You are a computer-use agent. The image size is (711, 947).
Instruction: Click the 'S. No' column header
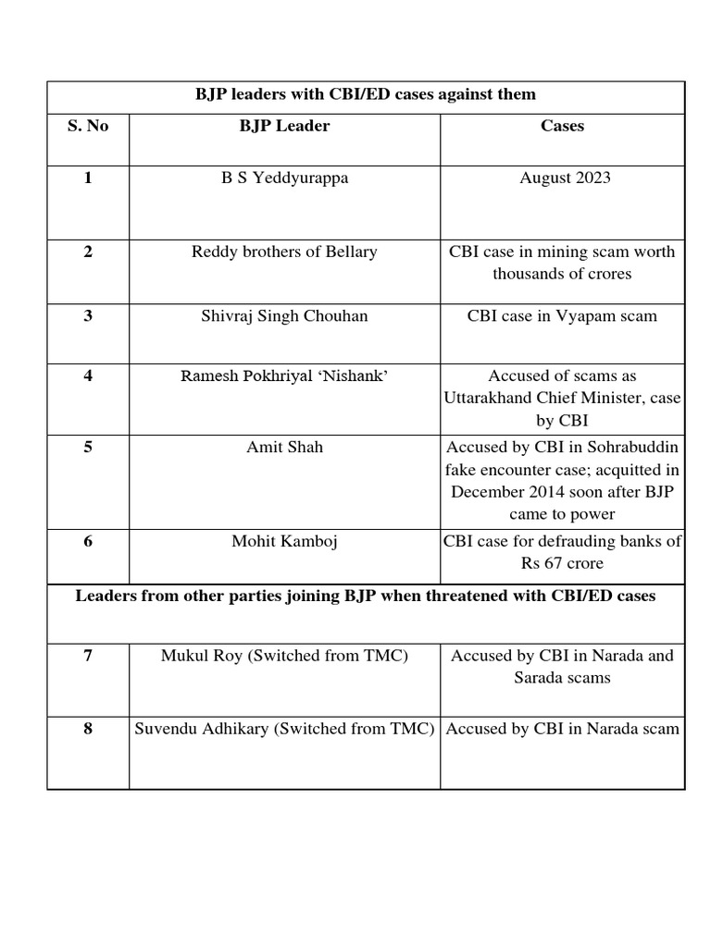pyautogui.click(x=88, y=126)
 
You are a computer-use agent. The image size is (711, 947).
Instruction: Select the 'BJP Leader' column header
pyautogui.click(x=284, y=126)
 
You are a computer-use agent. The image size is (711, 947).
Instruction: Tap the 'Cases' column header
pyautogui.click(x=562, y=126)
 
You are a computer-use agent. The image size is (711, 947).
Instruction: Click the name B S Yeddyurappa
pyautogui.click(x=284, y=178)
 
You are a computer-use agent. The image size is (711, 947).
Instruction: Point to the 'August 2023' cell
pyautogui.click(x=565, y=178)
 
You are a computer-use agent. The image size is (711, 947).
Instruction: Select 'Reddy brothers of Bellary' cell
pyautogui.click(x=284, y=252)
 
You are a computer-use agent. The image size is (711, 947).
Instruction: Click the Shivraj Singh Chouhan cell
pyautogui.click(x=284, y=316)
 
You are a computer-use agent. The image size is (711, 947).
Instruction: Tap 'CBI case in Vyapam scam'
pyautogui.click(x=562, y=316)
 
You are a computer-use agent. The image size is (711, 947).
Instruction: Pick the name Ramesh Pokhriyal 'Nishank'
pyautogui.click(x=284, y=376)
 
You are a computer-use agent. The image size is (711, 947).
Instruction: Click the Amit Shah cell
pyautogui.click(x=284, y=448)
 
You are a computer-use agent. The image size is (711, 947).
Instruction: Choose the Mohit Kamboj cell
pyautogui.click(x=284, y=542)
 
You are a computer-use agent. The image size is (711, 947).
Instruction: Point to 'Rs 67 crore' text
pyautogui.click(x=562, y=563)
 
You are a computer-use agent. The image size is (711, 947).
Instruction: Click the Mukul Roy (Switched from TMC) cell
pyautogui.click(x=284, y=656)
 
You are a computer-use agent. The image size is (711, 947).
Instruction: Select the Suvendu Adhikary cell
pyautogui.click(x=284, y=729)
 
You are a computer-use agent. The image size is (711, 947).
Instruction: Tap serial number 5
pyautogui.click(x=88, y=448)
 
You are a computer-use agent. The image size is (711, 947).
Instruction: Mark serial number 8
pyautogui.click(x=88, y=729)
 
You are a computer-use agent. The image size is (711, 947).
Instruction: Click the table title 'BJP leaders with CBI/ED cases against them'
pyautogui.click(x=365, y=94)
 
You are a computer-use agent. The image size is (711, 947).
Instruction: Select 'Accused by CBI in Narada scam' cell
pyautogui.click(x=562, y=729)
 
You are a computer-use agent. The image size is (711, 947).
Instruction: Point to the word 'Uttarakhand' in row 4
pyautogui.click(x=489, y=398)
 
